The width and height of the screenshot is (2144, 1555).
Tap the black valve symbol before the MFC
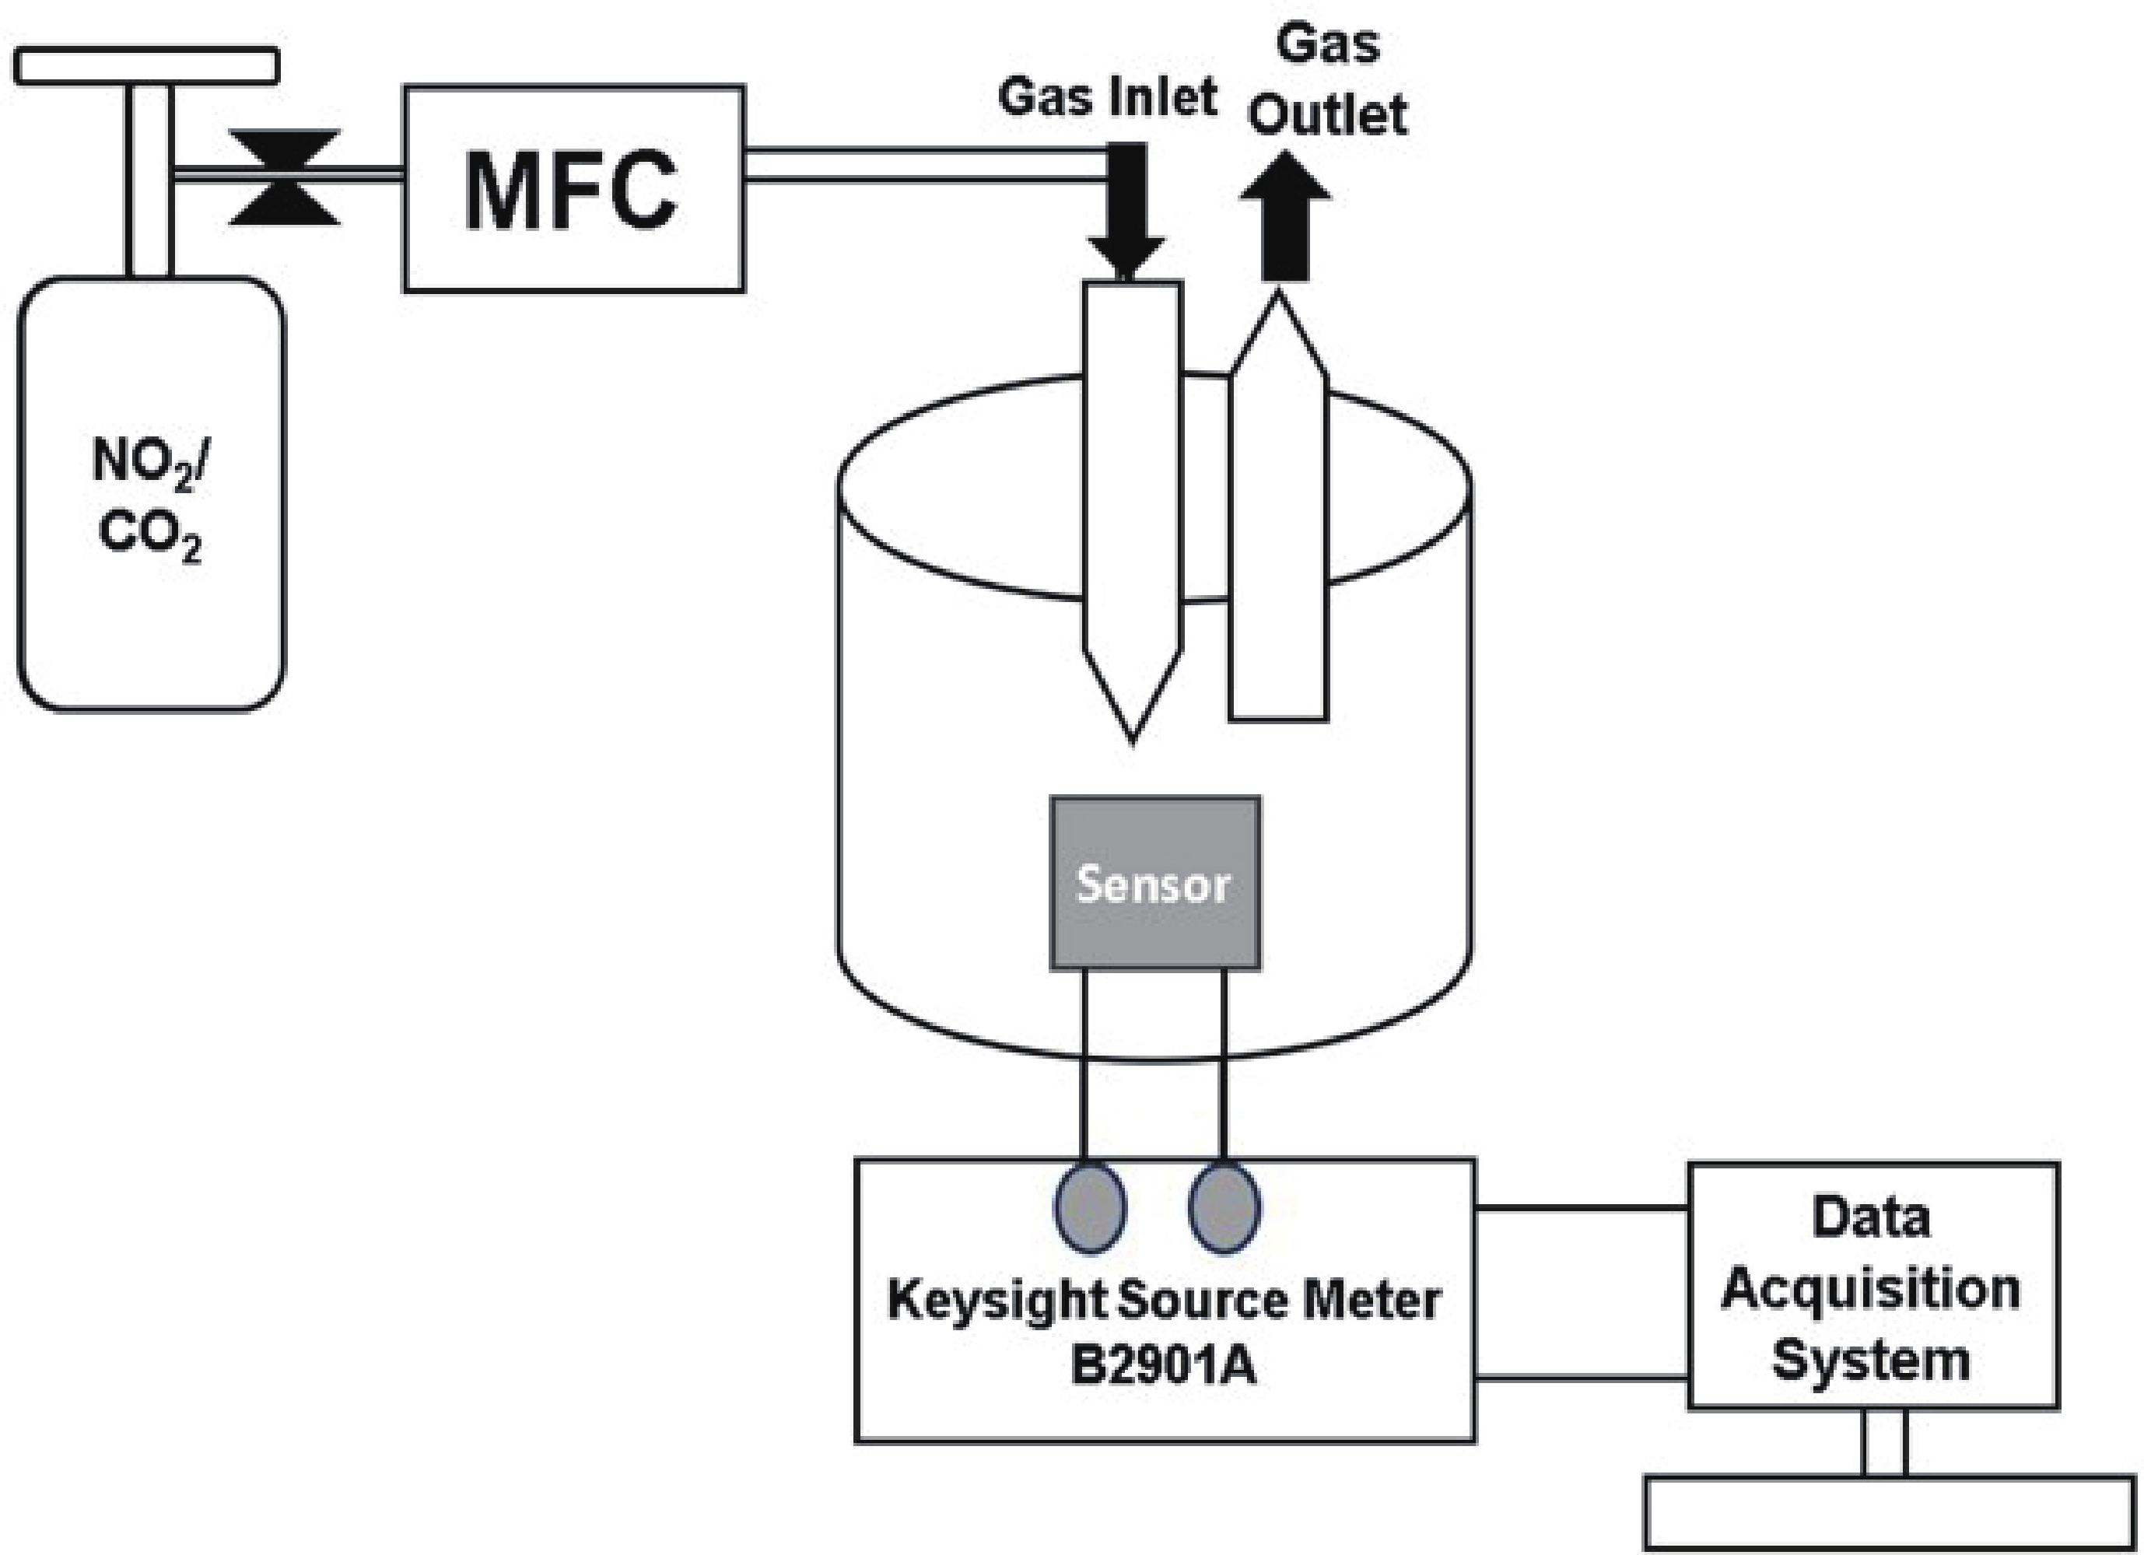[x=285, y=177]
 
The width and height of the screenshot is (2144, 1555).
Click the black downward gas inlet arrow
[x=1125, y=212]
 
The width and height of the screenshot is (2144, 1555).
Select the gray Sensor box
[x=1154, y=883]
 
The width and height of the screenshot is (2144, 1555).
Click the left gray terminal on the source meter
[x=1090, y=1209]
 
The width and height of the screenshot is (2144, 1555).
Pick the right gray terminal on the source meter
[x=1224, y=1209]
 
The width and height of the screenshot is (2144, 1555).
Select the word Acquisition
[x=1871, y=1288]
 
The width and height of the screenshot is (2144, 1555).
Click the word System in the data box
[x=1871, y=1359]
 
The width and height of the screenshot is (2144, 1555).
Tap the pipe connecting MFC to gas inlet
[x=927, y=163]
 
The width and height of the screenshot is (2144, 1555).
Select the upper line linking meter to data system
[x=1582, y=1208]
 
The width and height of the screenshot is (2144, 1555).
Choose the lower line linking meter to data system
[x=1582, y=1378]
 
